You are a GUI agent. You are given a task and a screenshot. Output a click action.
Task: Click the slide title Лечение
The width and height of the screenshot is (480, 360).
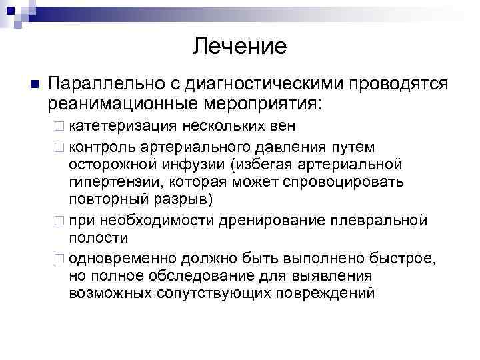[240, 46]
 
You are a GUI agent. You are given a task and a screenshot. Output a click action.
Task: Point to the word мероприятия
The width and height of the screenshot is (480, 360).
[264, 103]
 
